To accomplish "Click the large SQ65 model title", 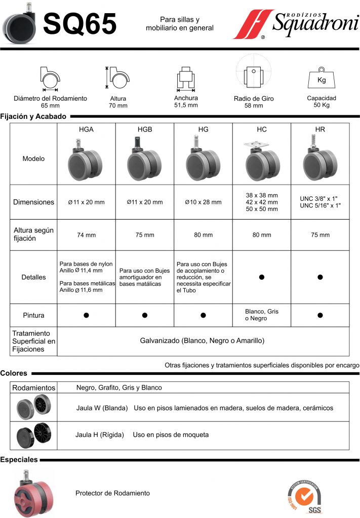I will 80,24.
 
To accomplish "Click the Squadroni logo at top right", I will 295,24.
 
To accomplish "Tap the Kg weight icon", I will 321,78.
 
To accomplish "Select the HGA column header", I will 86,129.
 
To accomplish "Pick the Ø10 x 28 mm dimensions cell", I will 203,202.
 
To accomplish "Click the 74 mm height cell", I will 86,235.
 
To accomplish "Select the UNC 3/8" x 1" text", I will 320,198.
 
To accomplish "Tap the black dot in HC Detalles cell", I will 262,277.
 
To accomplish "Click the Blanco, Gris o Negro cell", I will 262,315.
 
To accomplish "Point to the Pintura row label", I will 33,315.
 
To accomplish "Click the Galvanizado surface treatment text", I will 203,341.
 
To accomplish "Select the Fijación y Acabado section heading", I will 33,116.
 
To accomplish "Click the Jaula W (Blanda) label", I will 102,408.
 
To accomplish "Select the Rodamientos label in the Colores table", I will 33,387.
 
